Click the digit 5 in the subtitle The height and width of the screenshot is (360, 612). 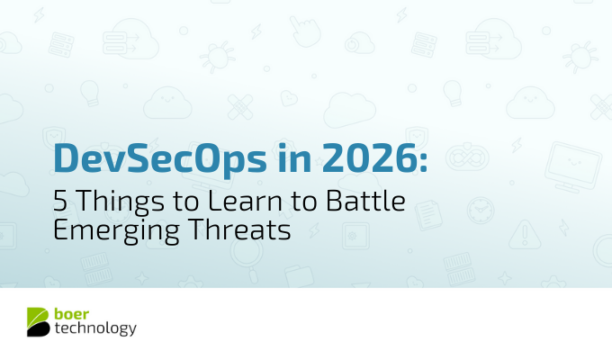(x=58, y=202)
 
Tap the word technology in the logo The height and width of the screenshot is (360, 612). (x=94, y=329)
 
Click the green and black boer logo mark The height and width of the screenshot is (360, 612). (x=39, y=322)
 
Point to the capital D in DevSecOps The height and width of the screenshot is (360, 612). (x=66, y=160)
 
